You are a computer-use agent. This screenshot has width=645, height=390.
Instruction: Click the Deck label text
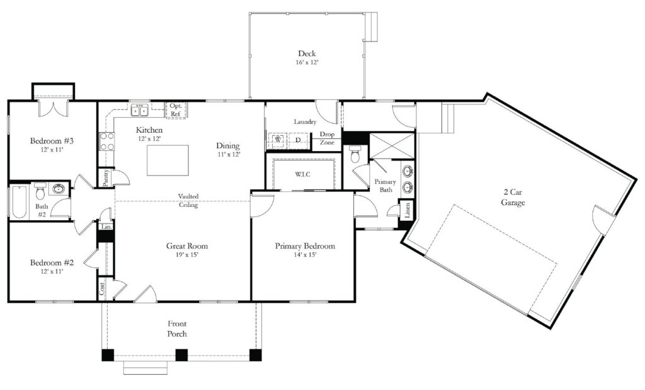(x=307, y=53)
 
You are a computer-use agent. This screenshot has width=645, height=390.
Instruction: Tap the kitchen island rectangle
(x=168, y=160)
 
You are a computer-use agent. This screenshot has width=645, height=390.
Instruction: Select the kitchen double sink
(x=140, y=111)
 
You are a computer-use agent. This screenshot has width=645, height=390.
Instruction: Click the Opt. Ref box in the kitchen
(x=176, y=110)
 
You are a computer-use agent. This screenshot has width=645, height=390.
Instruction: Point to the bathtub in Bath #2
(x=18, y=201)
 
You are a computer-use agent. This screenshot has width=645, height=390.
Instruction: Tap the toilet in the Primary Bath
(x=355, y=153)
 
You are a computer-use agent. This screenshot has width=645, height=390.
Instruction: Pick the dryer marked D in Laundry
(x=298, y=140)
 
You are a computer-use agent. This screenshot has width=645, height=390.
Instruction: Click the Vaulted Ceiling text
(x=188, y=200)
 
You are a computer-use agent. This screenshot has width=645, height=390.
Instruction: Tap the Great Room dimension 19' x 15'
(x=186, y=255)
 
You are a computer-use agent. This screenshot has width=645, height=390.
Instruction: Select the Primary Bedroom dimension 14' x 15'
(x=305, y=255)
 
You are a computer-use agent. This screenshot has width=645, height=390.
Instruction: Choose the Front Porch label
(x=177, y=328)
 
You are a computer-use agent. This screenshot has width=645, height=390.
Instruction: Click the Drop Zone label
(x=327, y=138)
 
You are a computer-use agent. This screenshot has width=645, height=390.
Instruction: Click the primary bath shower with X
(x=392, y=146)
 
